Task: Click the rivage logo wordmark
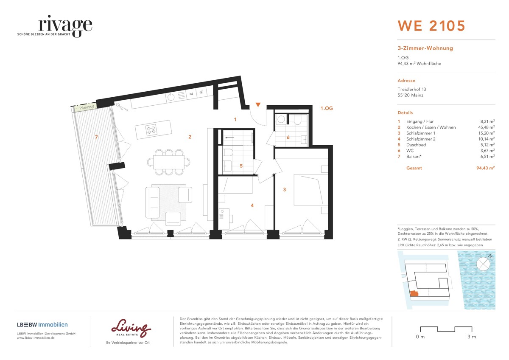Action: point(65,25)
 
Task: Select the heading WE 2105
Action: point(431,26)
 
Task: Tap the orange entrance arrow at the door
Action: point(258,105)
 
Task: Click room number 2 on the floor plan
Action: point(190,137)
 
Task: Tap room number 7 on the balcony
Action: point(97,137)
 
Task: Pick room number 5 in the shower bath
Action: point(241,166)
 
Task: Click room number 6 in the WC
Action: point(288,137)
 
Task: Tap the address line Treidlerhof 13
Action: point(411,89)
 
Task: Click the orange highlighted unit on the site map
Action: point(413,293)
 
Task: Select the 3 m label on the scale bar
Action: point(471,337)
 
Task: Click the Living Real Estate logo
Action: point(131,328)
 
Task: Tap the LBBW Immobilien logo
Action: point(42,325)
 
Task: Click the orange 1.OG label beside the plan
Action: point(327,109)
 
